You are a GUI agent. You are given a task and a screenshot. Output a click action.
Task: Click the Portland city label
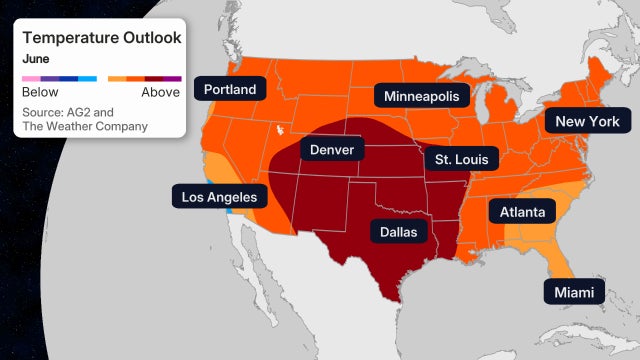(x=230, y=89)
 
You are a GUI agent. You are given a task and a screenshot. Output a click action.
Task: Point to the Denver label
(x=332, y=149)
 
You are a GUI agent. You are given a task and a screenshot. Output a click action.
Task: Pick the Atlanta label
(x=523, y=211)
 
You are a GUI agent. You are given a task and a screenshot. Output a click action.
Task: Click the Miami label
(x=574, y=292)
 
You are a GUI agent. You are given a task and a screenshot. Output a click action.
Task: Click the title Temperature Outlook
(x=101, y=38)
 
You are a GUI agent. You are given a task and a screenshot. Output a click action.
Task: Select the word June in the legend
(x=36, y=58)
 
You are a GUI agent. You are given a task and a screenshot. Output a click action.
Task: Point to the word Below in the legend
(x=40, y=92)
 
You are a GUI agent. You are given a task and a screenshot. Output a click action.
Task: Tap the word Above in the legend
(x=160, y=92)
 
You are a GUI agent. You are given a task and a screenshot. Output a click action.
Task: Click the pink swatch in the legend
(x=31, y=77)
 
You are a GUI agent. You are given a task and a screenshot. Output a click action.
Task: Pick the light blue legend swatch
(x=88, y=77)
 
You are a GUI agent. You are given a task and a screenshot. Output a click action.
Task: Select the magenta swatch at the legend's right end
(x=172, y=77)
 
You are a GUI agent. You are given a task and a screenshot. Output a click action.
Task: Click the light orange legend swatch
(x=117, y=77)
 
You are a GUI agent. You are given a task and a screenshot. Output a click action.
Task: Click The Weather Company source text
(x=84, y=126)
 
